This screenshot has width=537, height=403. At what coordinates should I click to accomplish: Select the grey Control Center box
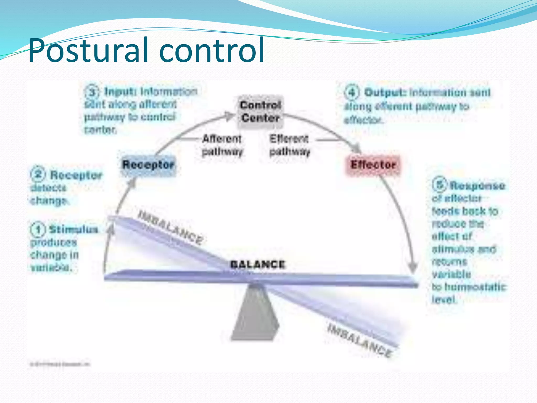coord(260,112)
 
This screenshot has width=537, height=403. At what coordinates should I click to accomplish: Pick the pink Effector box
coord(373,165)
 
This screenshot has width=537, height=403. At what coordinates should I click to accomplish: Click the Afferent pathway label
coord(222,145)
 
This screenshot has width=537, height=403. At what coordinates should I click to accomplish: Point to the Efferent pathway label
coord(289,145)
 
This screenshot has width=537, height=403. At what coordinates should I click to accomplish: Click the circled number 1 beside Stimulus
coord(38,230)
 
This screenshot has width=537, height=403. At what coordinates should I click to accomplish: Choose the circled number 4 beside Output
coord(352,92)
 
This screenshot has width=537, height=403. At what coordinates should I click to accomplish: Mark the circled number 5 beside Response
coord(440,184)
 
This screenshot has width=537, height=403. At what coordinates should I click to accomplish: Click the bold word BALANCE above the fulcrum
coord(257,264)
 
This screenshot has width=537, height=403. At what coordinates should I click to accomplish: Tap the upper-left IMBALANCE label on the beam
coord(171,227)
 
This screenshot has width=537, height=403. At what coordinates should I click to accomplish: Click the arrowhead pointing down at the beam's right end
coord(413,269)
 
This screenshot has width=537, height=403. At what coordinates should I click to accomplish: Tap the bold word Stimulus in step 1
coord(74,230)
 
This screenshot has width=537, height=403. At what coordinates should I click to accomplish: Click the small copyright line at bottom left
coord(60,364)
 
